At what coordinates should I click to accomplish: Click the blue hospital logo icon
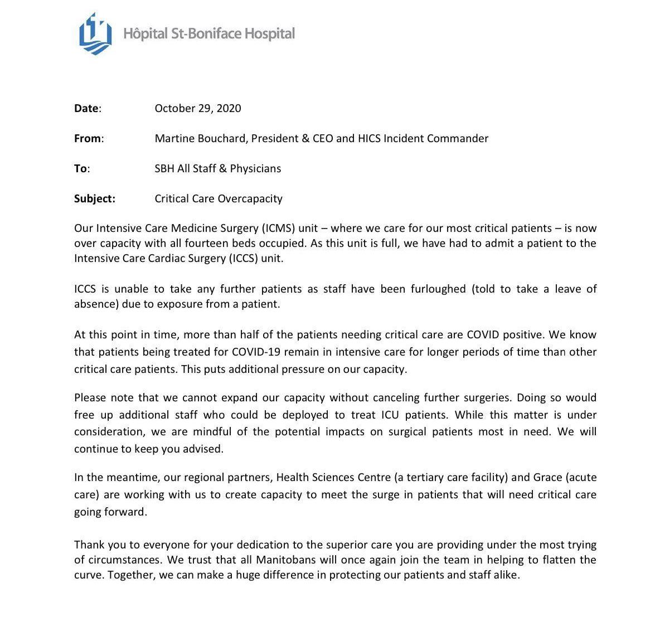[x=95, y=34]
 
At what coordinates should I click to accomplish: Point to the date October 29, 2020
[x=198, y=108]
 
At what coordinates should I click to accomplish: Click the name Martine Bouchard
[x=200, y=138]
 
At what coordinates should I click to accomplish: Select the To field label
[x=81, y=168]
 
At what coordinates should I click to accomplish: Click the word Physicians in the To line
[x=256, y=168]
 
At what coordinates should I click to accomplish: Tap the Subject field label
[x=95, y=198]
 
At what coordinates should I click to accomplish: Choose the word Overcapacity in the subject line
[x=250, y=198]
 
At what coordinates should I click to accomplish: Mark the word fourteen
[x=198, y=243]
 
